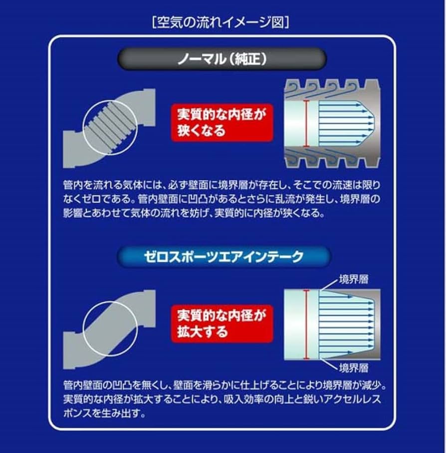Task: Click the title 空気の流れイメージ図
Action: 221,22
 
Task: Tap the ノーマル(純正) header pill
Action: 222,59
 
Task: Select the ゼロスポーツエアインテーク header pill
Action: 223,257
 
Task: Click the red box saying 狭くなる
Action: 222,123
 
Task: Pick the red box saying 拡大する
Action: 222,324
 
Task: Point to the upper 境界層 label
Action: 354,279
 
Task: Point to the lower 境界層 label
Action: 354,368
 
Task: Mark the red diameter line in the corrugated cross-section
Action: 307,124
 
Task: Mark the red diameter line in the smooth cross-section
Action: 307,325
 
